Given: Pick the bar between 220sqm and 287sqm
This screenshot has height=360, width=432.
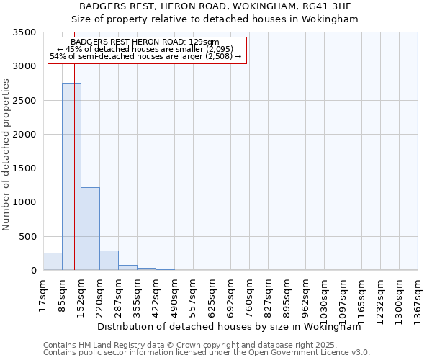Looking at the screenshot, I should (109, 261).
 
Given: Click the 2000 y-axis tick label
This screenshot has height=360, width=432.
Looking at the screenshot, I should (24, 135).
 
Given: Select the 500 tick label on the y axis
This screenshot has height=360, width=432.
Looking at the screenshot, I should (27, 237).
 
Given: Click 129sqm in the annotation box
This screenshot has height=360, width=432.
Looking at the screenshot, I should (193, 42).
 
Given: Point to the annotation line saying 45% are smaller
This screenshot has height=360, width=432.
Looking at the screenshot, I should (147, 49).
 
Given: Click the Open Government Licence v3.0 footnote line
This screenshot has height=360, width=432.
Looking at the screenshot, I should (207, 353).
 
